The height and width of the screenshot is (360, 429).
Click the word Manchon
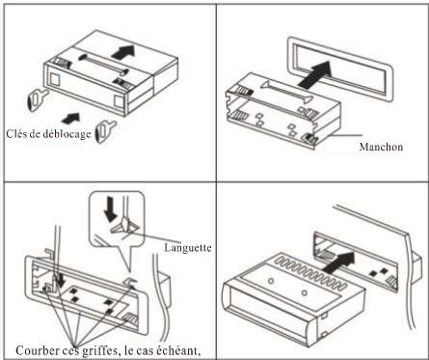[381, 147]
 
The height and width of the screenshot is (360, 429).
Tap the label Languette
[188, 247]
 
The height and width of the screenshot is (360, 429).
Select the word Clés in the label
[14, 133]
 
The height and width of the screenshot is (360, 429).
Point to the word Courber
[35, 350]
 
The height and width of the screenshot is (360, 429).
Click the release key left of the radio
[37, 99]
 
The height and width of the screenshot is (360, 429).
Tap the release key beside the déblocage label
[105, 130]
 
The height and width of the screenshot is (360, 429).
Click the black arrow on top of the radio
[122, 52]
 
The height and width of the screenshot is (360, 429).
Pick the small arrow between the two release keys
[70, 119]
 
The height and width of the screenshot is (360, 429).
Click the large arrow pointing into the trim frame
[315, 74]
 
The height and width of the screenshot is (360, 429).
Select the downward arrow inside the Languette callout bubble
[111, 209]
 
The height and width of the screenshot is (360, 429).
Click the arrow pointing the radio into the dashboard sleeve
[338, 263]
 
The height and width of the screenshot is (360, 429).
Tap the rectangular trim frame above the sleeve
[340, 69]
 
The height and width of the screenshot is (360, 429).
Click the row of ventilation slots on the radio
[310, 272]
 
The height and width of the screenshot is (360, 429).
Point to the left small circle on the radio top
[271, 281]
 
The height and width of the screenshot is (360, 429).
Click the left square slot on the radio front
[55, 79]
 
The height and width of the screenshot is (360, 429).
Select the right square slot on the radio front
[119, 101]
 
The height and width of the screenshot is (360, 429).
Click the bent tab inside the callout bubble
[124, 225]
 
